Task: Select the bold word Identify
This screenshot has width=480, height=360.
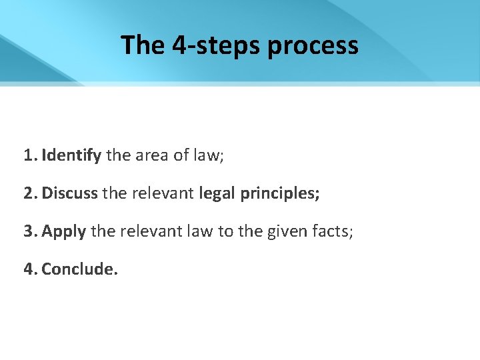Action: coord(71,156)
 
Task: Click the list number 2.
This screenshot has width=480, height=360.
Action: coord(29,193)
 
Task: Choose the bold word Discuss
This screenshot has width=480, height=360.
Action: coord(70,193)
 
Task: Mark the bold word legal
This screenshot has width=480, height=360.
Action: coord(217,193)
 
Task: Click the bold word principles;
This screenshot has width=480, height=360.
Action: coord(279,194)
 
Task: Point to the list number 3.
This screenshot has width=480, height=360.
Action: coord(29,231)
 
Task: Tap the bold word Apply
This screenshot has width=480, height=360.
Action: coord(64,232)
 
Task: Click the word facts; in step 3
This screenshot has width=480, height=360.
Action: coord(328,231)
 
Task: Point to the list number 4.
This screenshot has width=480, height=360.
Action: coord(29,269)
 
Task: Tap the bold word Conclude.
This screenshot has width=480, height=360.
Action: coord(79,269)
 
